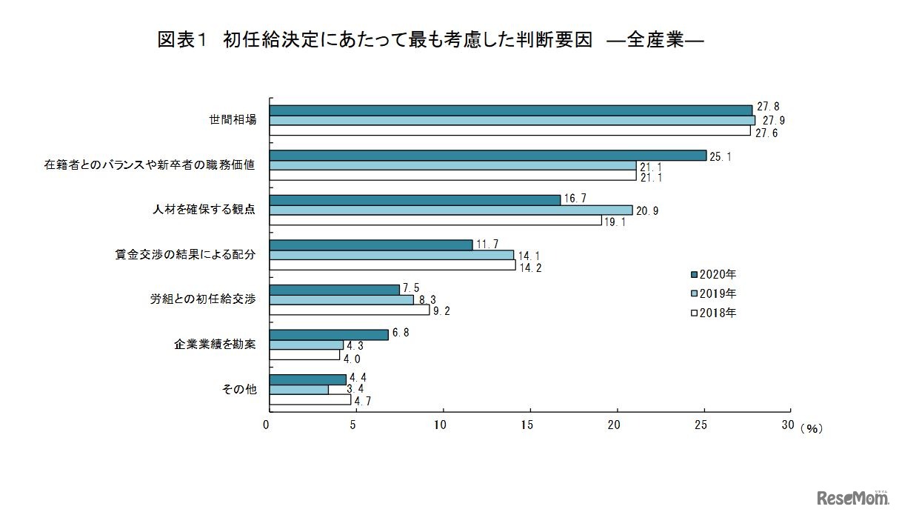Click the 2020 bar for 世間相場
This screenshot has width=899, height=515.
click(511, 110)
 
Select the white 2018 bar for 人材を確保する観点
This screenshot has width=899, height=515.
click(435, 220)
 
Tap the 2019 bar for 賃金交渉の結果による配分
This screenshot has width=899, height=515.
click(392, 255)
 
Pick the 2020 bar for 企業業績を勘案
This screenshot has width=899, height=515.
click(329, 335)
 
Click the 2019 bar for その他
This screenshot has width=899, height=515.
click(299, 389)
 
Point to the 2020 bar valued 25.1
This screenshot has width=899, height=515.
click(488, 156)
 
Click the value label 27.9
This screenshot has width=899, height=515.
click(770, 121)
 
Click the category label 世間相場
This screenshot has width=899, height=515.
click(233, 120)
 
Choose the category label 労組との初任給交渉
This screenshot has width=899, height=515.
click(203, 299)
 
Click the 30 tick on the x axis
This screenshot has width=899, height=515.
click(787, 425)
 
